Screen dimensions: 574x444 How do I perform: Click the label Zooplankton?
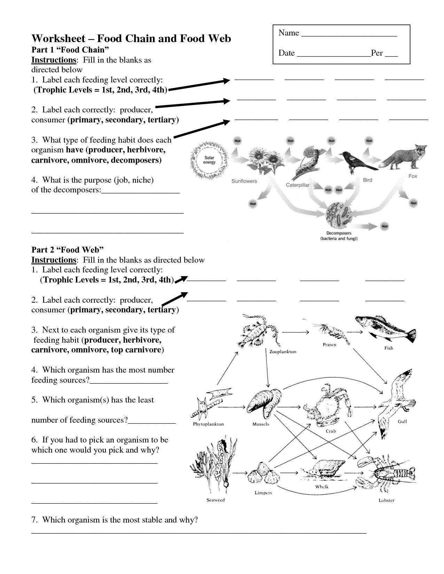click(x=283, y=352)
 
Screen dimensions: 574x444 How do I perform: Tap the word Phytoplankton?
click(x=208, y=424)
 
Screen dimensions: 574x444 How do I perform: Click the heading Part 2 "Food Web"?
click(x=68, y=249)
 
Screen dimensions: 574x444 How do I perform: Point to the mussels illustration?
click(x=264, y=404)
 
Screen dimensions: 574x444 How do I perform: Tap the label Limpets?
click(x=263, y=493)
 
